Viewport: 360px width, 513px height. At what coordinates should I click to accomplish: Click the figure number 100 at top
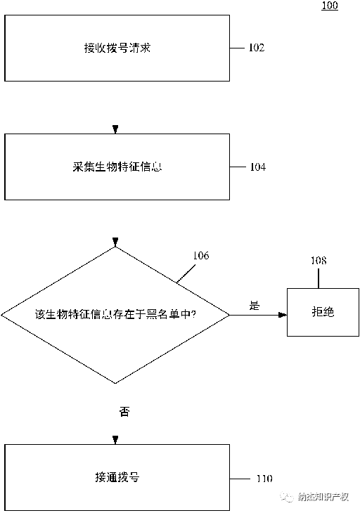click(x=329, y=6)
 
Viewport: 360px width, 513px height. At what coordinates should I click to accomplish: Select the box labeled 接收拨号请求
click(x=117, y=48)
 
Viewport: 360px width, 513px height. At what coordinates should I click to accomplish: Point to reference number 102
click(x=257, y=48)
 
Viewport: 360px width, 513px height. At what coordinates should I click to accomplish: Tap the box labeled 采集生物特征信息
click(x=117, y=167)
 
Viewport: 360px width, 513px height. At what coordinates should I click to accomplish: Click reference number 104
click(x=257, y=167)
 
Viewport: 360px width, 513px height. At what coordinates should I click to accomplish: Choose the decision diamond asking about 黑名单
click(x=115, y=314)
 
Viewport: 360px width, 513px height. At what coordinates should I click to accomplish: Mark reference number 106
click(x=200, y=256)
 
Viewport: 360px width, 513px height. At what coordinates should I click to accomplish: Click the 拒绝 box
click(x=322, y=311)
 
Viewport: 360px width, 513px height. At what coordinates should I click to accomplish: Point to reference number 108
click(x=319, y=261)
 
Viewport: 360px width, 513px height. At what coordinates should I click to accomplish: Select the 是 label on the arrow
click(x=255, y=306)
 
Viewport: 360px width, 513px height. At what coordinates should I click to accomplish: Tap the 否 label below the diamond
click(x=124, y=412)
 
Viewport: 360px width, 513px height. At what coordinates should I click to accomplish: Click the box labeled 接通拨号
click(x=117, y=477)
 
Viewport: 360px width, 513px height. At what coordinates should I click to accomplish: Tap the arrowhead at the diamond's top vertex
click(x=116, y=242)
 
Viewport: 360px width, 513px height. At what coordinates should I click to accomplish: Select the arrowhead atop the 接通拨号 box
click(x=116, y=441)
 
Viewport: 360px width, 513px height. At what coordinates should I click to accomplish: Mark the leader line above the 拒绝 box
click(x=319, y=278)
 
